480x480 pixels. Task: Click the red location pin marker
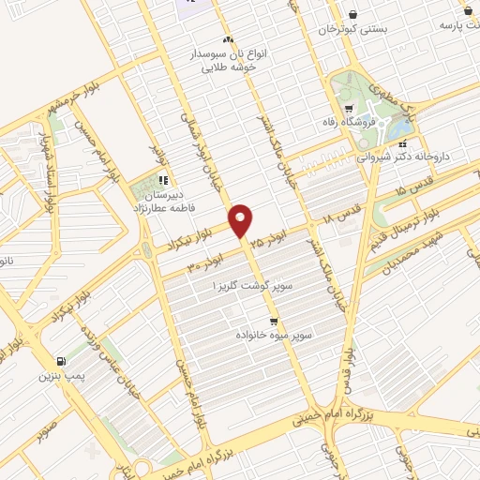point(241,220)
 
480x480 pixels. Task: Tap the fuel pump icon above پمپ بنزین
point(62,361)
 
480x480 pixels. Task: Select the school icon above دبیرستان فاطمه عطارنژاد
point(163,180)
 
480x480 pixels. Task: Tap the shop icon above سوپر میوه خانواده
point(273,320)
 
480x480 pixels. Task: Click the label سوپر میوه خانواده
point(274,334)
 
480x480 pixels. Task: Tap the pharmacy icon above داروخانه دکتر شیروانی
point(402,145)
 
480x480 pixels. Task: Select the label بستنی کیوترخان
point(351,29)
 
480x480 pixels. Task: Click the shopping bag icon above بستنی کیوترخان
point(352,14)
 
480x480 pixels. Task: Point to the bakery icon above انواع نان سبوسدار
point(228,40)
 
